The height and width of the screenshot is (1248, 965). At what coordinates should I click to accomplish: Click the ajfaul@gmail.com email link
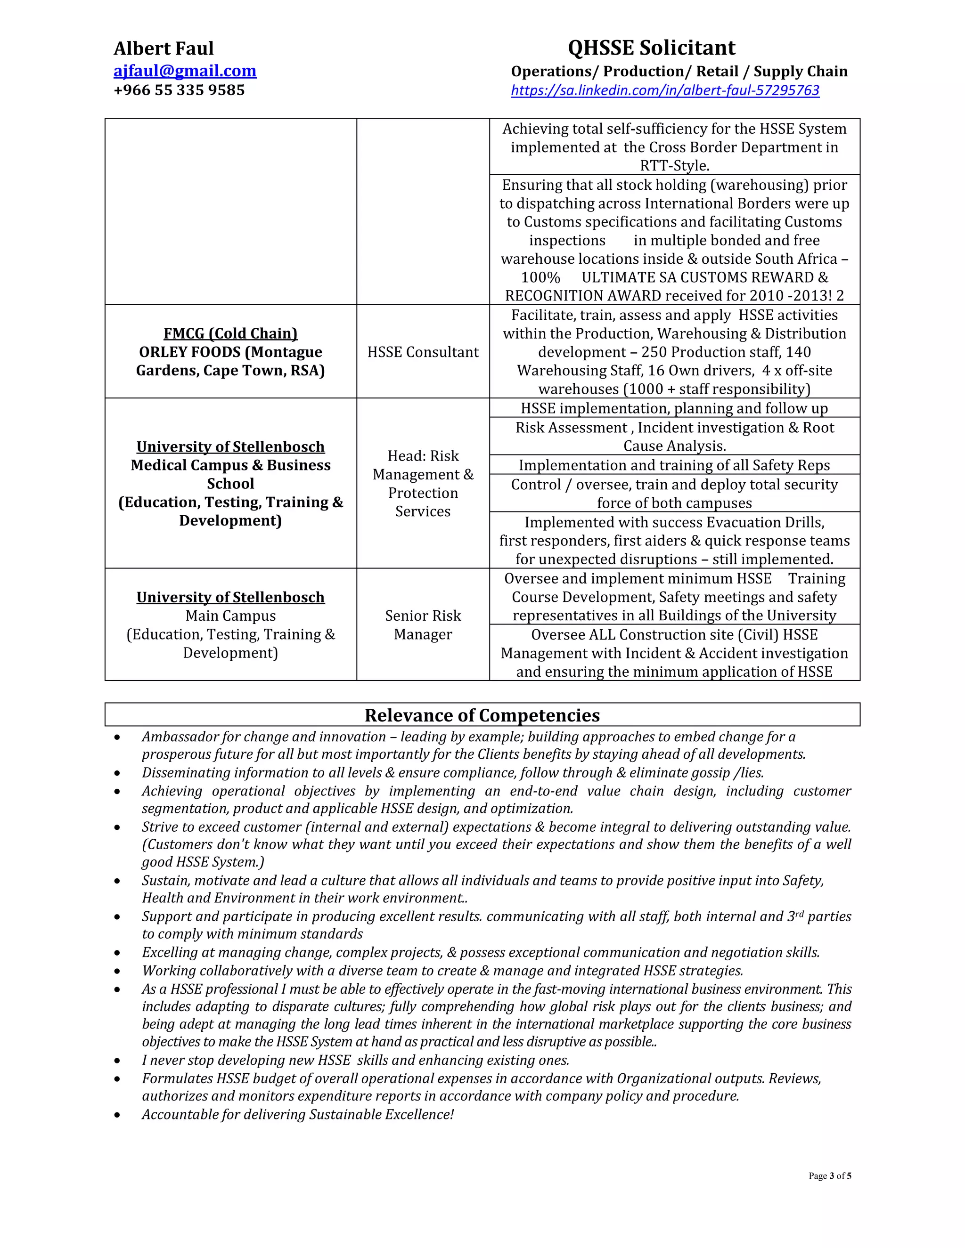[x=185, y=71]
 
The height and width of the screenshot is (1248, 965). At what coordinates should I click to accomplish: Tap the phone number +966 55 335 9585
[x=179, y=90]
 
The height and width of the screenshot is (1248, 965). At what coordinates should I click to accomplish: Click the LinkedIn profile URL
[x=665, y=90]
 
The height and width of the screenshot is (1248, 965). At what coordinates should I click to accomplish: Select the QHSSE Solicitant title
[x=651, y=48]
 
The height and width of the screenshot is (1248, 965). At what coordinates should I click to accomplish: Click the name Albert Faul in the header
[x=164, y=49]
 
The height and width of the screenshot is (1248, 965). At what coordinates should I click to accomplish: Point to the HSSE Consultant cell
[x=423, y=352]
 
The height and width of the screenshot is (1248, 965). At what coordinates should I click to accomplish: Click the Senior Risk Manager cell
[x=423, y=624]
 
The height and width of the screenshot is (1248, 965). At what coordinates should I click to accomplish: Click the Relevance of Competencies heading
[x=482, y=715]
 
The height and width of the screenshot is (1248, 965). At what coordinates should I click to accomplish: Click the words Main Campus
[x=230, y=616]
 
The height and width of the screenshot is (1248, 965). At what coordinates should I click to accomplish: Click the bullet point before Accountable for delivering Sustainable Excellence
[x=117, y=1115]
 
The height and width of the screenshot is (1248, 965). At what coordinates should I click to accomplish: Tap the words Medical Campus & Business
[x=230, y=465]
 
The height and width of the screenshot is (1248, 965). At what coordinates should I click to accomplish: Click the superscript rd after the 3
[x=799, y=914]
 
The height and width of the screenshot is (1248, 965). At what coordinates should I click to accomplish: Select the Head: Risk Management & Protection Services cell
[x=423, y=484]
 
